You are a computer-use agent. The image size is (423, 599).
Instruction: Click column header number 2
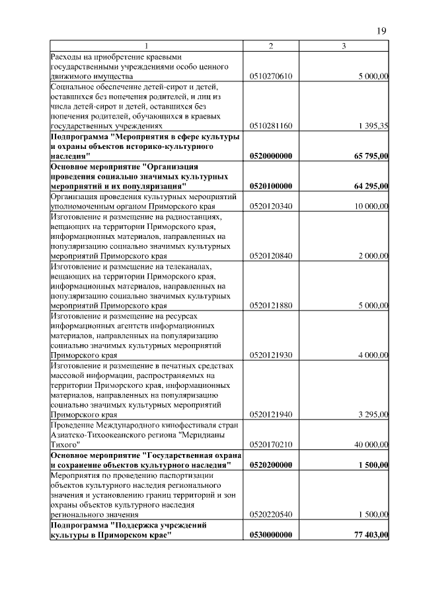[x=271, y=45]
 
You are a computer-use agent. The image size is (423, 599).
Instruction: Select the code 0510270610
[x=271, y=77]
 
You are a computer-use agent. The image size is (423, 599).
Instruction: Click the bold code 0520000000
[x=271, y=156]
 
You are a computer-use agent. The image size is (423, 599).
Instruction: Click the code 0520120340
[x=271, y=207]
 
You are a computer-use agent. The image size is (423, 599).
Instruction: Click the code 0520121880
[x=271, y=306]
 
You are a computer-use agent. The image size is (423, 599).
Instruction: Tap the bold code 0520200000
[x=271, y=465]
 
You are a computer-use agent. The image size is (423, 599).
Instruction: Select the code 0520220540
[x=271, y=514]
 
